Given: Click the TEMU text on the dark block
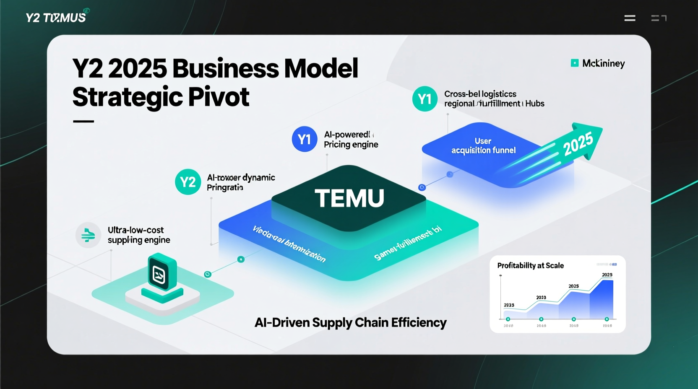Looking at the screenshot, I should [349, 198].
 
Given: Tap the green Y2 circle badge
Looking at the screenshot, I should [188, 182].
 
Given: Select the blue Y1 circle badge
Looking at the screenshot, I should [304, 139].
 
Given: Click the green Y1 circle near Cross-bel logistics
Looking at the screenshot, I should [425, 99].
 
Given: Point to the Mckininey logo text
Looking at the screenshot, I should [603, 63].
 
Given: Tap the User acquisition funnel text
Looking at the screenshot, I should [483, 146].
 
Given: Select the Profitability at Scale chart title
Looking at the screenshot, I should [530, 265].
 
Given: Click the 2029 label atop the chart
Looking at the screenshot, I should [607, 275].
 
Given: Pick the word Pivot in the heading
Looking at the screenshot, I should [219, 97].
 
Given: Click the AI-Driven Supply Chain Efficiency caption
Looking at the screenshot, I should [350, 322].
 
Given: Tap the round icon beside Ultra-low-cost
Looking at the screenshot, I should [88, 235].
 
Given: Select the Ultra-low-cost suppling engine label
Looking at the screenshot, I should [138, 235].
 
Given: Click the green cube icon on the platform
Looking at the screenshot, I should [162, 275].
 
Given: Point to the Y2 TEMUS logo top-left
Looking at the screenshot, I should [56, 17].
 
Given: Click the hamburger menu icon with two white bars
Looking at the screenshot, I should [630, 18].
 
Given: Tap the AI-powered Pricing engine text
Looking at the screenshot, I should [351, 140].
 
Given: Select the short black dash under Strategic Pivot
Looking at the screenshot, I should [83, 122].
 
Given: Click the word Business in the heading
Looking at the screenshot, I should [225, 68].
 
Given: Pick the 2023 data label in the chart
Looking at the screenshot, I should [541, 298].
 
